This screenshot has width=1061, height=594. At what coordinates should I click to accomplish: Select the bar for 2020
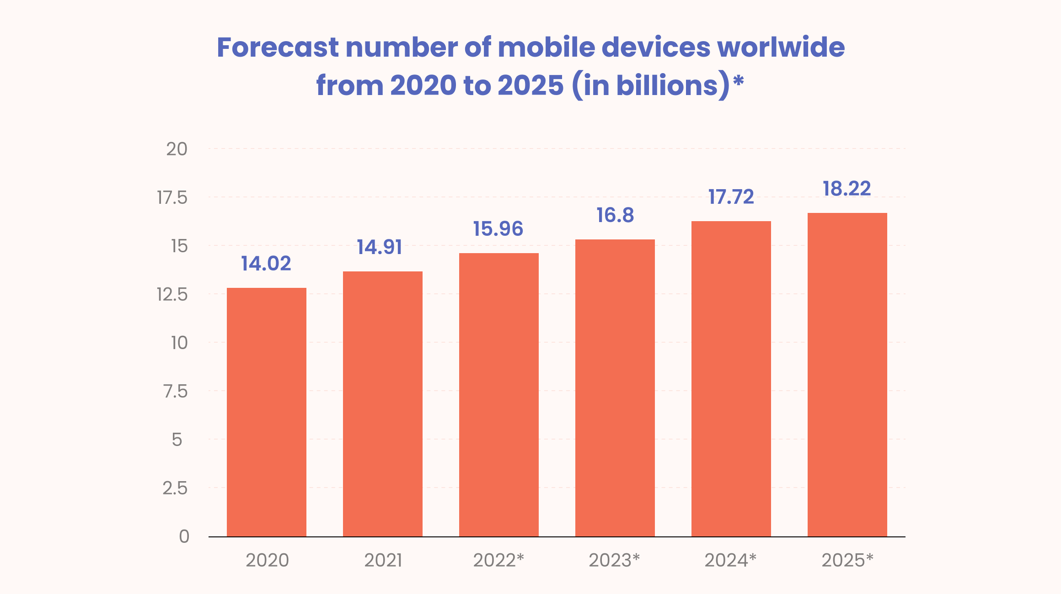click(267, 411)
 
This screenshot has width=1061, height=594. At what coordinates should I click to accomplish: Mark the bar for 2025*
click(847, 375)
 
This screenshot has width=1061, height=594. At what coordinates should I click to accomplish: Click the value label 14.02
click(266, 264)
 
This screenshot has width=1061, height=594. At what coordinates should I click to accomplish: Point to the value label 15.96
click(498, 229)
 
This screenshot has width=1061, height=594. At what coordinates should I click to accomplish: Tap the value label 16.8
click(615, 215)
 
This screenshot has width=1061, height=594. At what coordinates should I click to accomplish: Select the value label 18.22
click(847, 189)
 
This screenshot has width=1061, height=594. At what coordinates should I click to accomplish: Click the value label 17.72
click(731, 197)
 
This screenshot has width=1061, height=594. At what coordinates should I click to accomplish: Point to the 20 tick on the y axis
click(177, 149)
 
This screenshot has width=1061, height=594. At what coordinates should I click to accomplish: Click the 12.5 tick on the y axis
click(172, 294)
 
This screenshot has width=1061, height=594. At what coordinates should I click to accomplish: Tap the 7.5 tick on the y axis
click(176, 391)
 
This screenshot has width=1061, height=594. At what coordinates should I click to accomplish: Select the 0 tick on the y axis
click(184, 536)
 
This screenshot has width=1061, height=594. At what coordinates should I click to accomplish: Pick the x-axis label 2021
click(383, 560)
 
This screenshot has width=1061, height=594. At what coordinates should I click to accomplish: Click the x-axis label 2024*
click(730, 560)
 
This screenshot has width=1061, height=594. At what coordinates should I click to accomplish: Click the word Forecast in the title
click(278, 47)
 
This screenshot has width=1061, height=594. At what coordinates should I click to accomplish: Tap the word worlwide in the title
click(781, 47)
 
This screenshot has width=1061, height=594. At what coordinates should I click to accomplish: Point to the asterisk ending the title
click(738, 81)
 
